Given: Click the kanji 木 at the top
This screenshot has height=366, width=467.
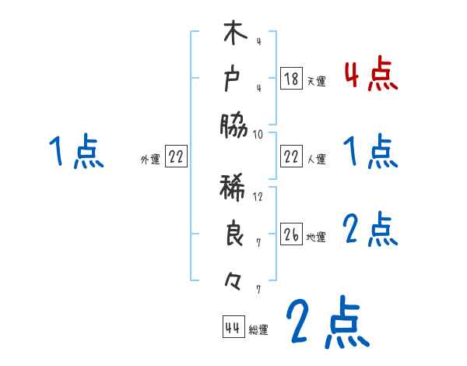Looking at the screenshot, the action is [x=233, y=36].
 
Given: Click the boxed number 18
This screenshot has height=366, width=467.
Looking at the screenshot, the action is [x=291, y=79].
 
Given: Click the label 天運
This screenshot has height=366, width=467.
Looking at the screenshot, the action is [x=316, y=80].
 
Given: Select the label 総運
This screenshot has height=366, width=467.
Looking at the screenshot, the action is [x=258, y=329].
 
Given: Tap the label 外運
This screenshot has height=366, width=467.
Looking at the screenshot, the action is [x=150, y=159].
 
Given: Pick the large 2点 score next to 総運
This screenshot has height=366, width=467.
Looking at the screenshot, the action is [x=326, y=323].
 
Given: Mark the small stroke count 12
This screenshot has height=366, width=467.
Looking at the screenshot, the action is [x=258, y=196].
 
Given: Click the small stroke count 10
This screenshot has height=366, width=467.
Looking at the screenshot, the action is [x=258, y=134].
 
